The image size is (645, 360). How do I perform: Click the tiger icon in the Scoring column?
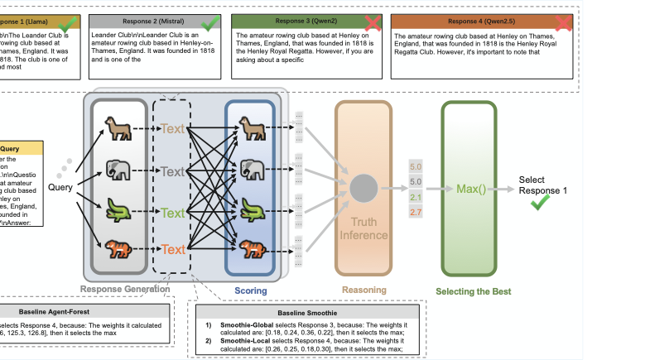point(251,246)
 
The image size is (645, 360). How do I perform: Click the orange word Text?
point(172,249)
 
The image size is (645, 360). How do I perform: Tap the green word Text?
point(172,213)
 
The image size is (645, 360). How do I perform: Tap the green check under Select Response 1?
point(542,203)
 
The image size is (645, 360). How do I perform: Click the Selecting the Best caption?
point(474,291)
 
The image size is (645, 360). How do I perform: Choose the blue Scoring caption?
point(250,290)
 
